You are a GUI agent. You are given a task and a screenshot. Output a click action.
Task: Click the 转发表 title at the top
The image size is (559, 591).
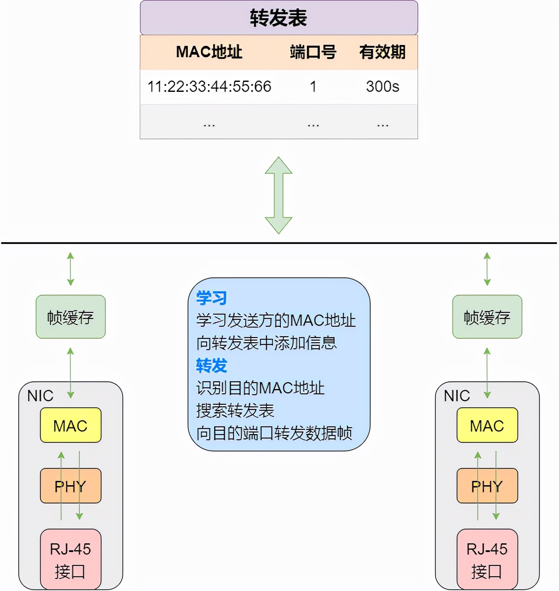click(279, 18)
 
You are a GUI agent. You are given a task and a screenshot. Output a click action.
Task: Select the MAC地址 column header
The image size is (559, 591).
click(209, 52)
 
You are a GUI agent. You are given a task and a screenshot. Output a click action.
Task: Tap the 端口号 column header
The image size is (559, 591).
click(313, 52)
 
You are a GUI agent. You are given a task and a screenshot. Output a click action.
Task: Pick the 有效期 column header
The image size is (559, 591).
click(382, 52)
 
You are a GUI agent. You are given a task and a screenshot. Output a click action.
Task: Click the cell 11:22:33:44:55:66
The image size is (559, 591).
click(209, 87)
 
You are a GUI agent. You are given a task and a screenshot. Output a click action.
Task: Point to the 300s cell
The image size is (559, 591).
click(382, 87)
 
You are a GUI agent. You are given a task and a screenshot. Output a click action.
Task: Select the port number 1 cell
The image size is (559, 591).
click(313, 87)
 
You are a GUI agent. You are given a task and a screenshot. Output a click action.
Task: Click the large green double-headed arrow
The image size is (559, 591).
click(279, 195)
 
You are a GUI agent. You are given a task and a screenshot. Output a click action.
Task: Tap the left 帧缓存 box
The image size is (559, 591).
click(70, 317)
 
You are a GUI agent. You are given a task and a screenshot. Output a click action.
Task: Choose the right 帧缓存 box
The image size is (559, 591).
click(487, 317)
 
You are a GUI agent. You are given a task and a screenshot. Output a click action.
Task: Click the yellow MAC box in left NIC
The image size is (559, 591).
click(70, 425)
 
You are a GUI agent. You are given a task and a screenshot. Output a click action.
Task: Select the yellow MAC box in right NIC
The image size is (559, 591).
click(487, 425)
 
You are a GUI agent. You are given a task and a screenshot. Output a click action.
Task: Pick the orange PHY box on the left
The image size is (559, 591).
click(70, 486)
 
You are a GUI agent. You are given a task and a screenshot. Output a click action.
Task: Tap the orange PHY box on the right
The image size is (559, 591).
click(487, 486)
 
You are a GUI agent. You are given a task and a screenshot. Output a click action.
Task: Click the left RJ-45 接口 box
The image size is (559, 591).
click(70, 559)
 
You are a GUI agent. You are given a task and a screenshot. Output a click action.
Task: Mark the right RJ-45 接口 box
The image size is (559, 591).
click(487, 559)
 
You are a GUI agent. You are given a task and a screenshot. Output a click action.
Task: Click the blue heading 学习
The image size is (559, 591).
click(211, 298)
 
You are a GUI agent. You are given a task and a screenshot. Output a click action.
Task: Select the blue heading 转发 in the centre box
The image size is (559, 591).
click(211, 366)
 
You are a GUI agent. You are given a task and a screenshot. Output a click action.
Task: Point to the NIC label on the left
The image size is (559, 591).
click(40, 396)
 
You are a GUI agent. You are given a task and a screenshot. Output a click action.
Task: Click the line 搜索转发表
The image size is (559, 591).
click(235, 410)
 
